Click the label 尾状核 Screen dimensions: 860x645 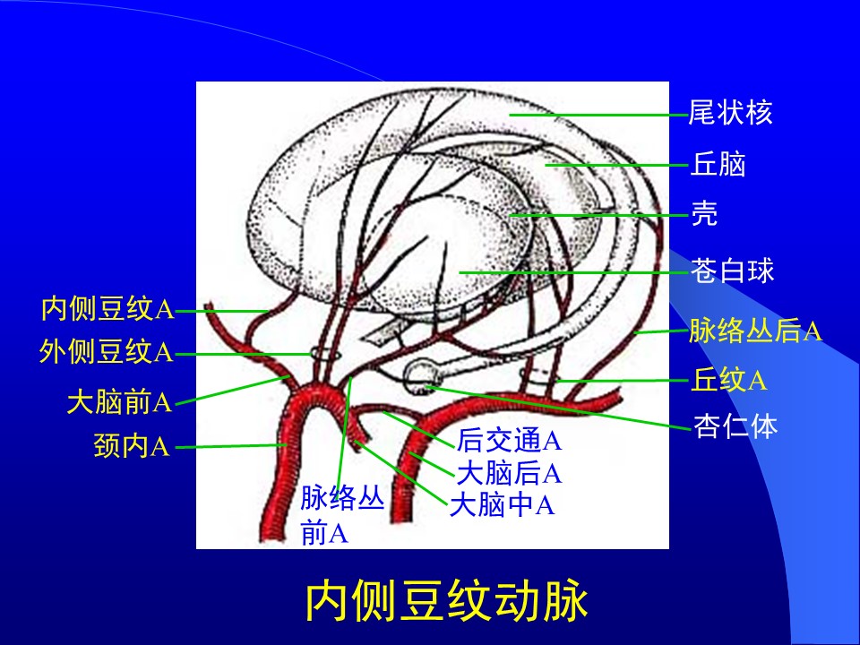[x=730, y=113]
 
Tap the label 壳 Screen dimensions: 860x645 [x=704, y=213]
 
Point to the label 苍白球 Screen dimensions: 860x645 [x=732, y=271]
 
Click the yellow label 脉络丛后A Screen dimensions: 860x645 [x=756, y=331]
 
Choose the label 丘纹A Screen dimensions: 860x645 [x=728, y=380]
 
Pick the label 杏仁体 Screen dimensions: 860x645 [x=735, y=426]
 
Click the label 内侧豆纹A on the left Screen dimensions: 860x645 [x=107, y=308]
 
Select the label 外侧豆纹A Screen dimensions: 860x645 [x=106, y=351]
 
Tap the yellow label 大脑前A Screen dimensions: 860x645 [x=119, y=402]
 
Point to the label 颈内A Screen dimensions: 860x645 [x=132, y=445]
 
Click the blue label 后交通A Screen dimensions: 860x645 [x=509, y=440]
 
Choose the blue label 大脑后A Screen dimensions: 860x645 [x=509, y=473]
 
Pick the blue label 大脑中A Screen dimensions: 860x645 [x=502, y=504]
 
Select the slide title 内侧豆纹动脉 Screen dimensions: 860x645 [x=447, y=602]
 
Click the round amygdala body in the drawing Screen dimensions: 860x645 [x=421, y=375]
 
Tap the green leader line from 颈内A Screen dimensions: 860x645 [x=231, y=446]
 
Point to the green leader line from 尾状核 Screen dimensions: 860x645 [x=598, y=116]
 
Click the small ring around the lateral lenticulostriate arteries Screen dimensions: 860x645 [x=326, y=354]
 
